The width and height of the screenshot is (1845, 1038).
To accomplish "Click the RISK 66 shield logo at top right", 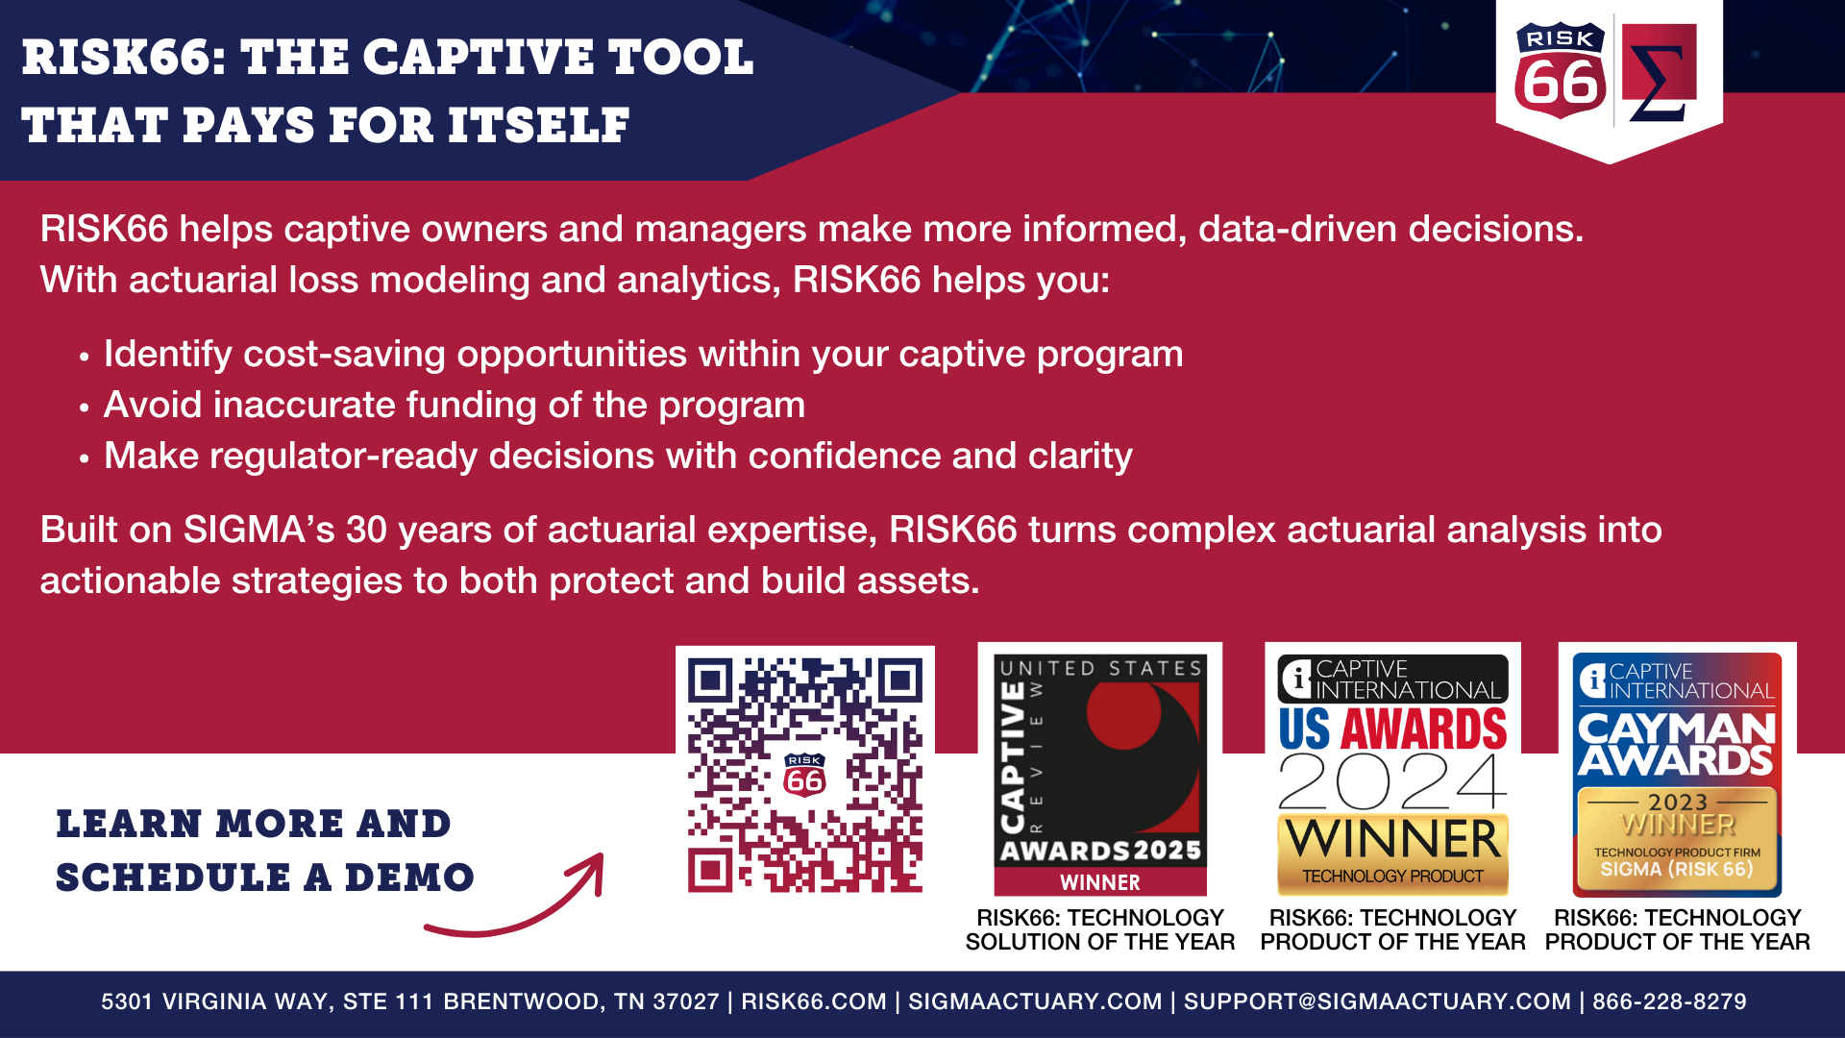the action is (1561, 71).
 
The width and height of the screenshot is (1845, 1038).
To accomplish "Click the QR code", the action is (805, 775).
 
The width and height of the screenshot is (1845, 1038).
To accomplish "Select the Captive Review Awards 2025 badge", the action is (1100, 775).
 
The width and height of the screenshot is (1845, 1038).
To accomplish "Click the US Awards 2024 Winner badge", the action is (1392, 775).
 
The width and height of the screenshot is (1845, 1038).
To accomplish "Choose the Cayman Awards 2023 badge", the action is (1677, 775).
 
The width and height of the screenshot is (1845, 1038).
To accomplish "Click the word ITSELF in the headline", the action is (538, 126).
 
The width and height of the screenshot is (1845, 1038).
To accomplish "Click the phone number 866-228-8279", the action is (1669, 1001).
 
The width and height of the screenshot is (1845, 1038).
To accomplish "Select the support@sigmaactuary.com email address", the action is (1377, 1001).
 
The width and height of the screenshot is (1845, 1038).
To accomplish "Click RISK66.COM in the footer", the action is (814, 1001).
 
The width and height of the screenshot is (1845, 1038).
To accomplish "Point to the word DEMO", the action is (409, 877).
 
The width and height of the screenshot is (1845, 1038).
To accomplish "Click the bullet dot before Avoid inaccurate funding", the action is (85, 408).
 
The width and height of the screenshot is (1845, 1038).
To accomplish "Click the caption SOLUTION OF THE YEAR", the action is (1100, 942).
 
